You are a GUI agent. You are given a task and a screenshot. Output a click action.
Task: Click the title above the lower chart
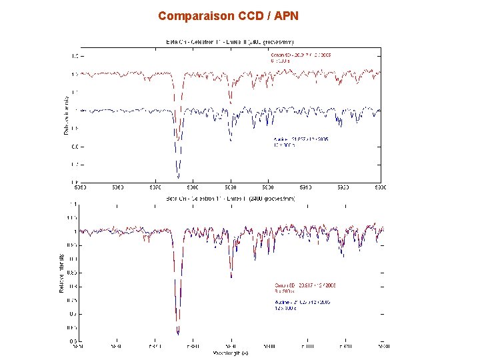tap(230, 198)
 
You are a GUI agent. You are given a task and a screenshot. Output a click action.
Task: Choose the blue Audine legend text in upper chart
tap(301, 141)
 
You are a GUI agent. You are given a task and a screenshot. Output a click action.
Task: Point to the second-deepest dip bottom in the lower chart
tap(231, 276)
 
